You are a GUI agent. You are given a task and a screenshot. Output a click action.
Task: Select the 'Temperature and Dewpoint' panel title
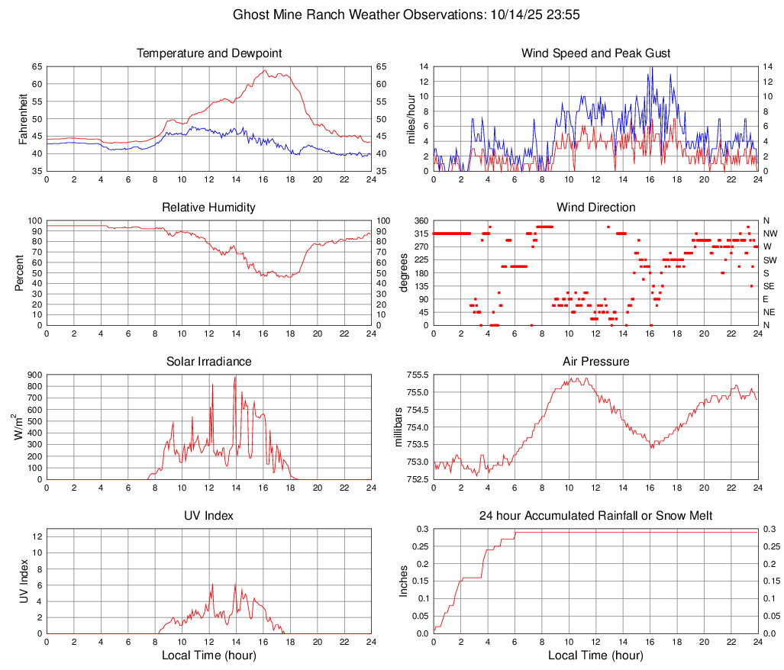[209, 53]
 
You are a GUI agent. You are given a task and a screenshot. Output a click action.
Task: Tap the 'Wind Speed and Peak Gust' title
[595, 53]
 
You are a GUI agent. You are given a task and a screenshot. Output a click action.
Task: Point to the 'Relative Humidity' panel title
[209, 208]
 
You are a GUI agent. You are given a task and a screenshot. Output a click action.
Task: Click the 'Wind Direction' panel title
[595, 208]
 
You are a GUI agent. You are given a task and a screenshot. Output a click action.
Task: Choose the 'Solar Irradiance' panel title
[209, 362]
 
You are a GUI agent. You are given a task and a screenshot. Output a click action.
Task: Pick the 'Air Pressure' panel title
[595, 362]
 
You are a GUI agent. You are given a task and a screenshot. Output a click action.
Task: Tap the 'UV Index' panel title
[209, 516]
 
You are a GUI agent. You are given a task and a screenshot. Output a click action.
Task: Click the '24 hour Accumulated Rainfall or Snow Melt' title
[595, 516]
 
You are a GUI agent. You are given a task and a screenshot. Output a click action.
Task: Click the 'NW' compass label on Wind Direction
[769, 234]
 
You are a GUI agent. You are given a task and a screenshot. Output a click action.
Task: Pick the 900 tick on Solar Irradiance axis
[34, 375]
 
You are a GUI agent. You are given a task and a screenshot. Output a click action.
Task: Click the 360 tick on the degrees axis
[420, 221]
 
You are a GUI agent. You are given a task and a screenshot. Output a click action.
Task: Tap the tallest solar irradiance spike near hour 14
[235, 377]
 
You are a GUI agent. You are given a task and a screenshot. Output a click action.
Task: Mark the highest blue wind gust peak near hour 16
[651, 68]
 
